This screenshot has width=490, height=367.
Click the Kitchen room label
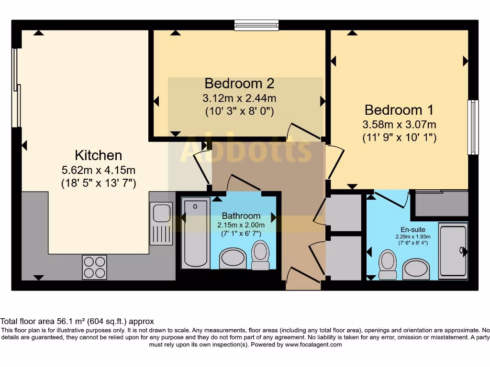tap(98, 155)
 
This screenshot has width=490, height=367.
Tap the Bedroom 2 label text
tap(239, 84)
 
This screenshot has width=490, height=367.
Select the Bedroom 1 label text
tap(399, 110)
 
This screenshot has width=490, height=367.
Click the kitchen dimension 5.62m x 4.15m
tap(98, 170)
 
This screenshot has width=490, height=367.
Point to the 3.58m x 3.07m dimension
tap(399, 125)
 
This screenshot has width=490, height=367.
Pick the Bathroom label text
tap(241, 216)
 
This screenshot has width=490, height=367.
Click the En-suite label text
tap(412, 229)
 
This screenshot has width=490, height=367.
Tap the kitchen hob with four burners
tap(94, 267)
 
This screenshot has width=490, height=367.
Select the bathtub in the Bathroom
tap(196, 233)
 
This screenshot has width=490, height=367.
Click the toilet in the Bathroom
tap(260, 255)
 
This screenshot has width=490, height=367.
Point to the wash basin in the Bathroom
tap(233, 259)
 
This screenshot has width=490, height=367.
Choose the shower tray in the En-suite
tap(453, 249)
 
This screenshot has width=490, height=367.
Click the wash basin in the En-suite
tap(416, 269)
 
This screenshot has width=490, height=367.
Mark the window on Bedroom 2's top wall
tap(256, 25)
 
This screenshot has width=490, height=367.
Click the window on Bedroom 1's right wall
tap(473, 127)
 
